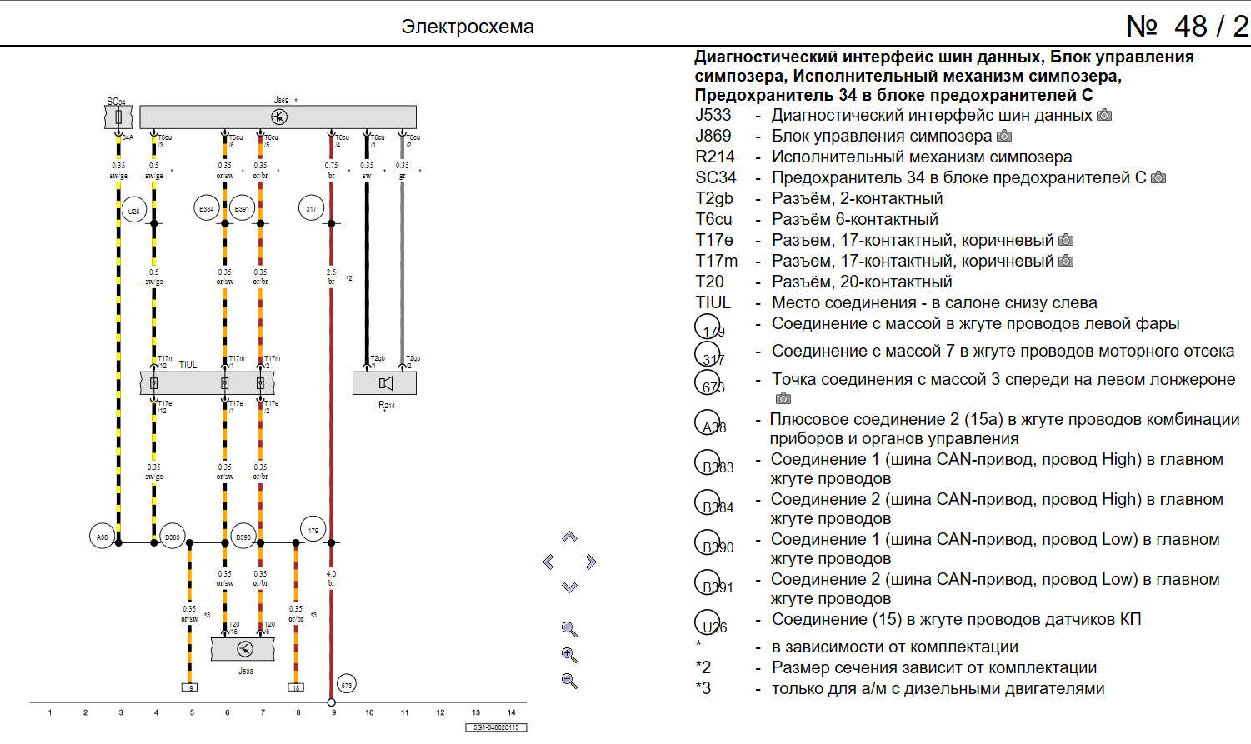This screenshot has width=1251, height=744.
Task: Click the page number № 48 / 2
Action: coord(1187,27)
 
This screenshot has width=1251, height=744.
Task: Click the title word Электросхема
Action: coord(467,27)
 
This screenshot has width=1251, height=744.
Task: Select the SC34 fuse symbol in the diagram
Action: coord(118,117)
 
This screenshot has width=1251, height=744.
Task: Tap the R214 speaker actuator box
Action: coord(384,383)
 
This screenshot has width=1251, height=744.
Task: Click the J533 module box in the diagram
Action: coord(243,649)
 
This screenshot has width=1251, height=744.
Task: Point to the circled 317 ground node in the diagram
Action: coord(311,208)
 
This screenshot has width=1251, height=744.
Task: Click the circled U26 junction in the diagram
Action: coord(133,211)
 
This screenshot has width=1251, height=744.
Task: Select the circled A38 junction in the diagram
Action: coord(102,537)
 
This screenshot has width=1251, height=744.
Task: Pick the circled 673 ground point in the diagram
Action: coord(347,685)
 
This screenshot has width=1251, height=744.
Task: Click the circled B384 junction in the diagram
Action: coord(207,208)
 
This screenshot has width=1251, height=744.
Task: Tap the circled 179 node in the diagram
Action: coord(313,530)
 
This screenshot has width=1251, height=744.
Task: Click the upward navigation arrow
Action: coord(569,537)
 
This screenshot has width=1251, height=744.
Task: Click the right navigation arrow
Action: coord(591,562)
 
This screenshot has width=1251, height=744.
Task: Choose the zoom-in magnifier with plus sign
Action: coord(569,655)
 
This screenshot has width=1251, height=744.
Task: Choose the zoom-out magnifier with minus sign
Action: coord(569,681)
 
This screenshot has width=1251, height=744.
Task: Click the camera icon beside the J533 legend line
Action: coord(1104,115)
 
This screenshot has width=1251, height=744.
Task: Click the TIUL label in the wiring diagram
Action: coord(188,365)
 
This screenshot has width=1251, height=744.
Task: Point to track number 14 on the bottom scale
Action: coord(512,712)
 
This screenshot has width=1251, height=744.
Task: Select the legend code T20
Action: coord(709,282)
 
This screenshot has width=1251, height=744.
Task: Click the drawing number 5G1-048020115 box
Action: coord(496,727)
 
